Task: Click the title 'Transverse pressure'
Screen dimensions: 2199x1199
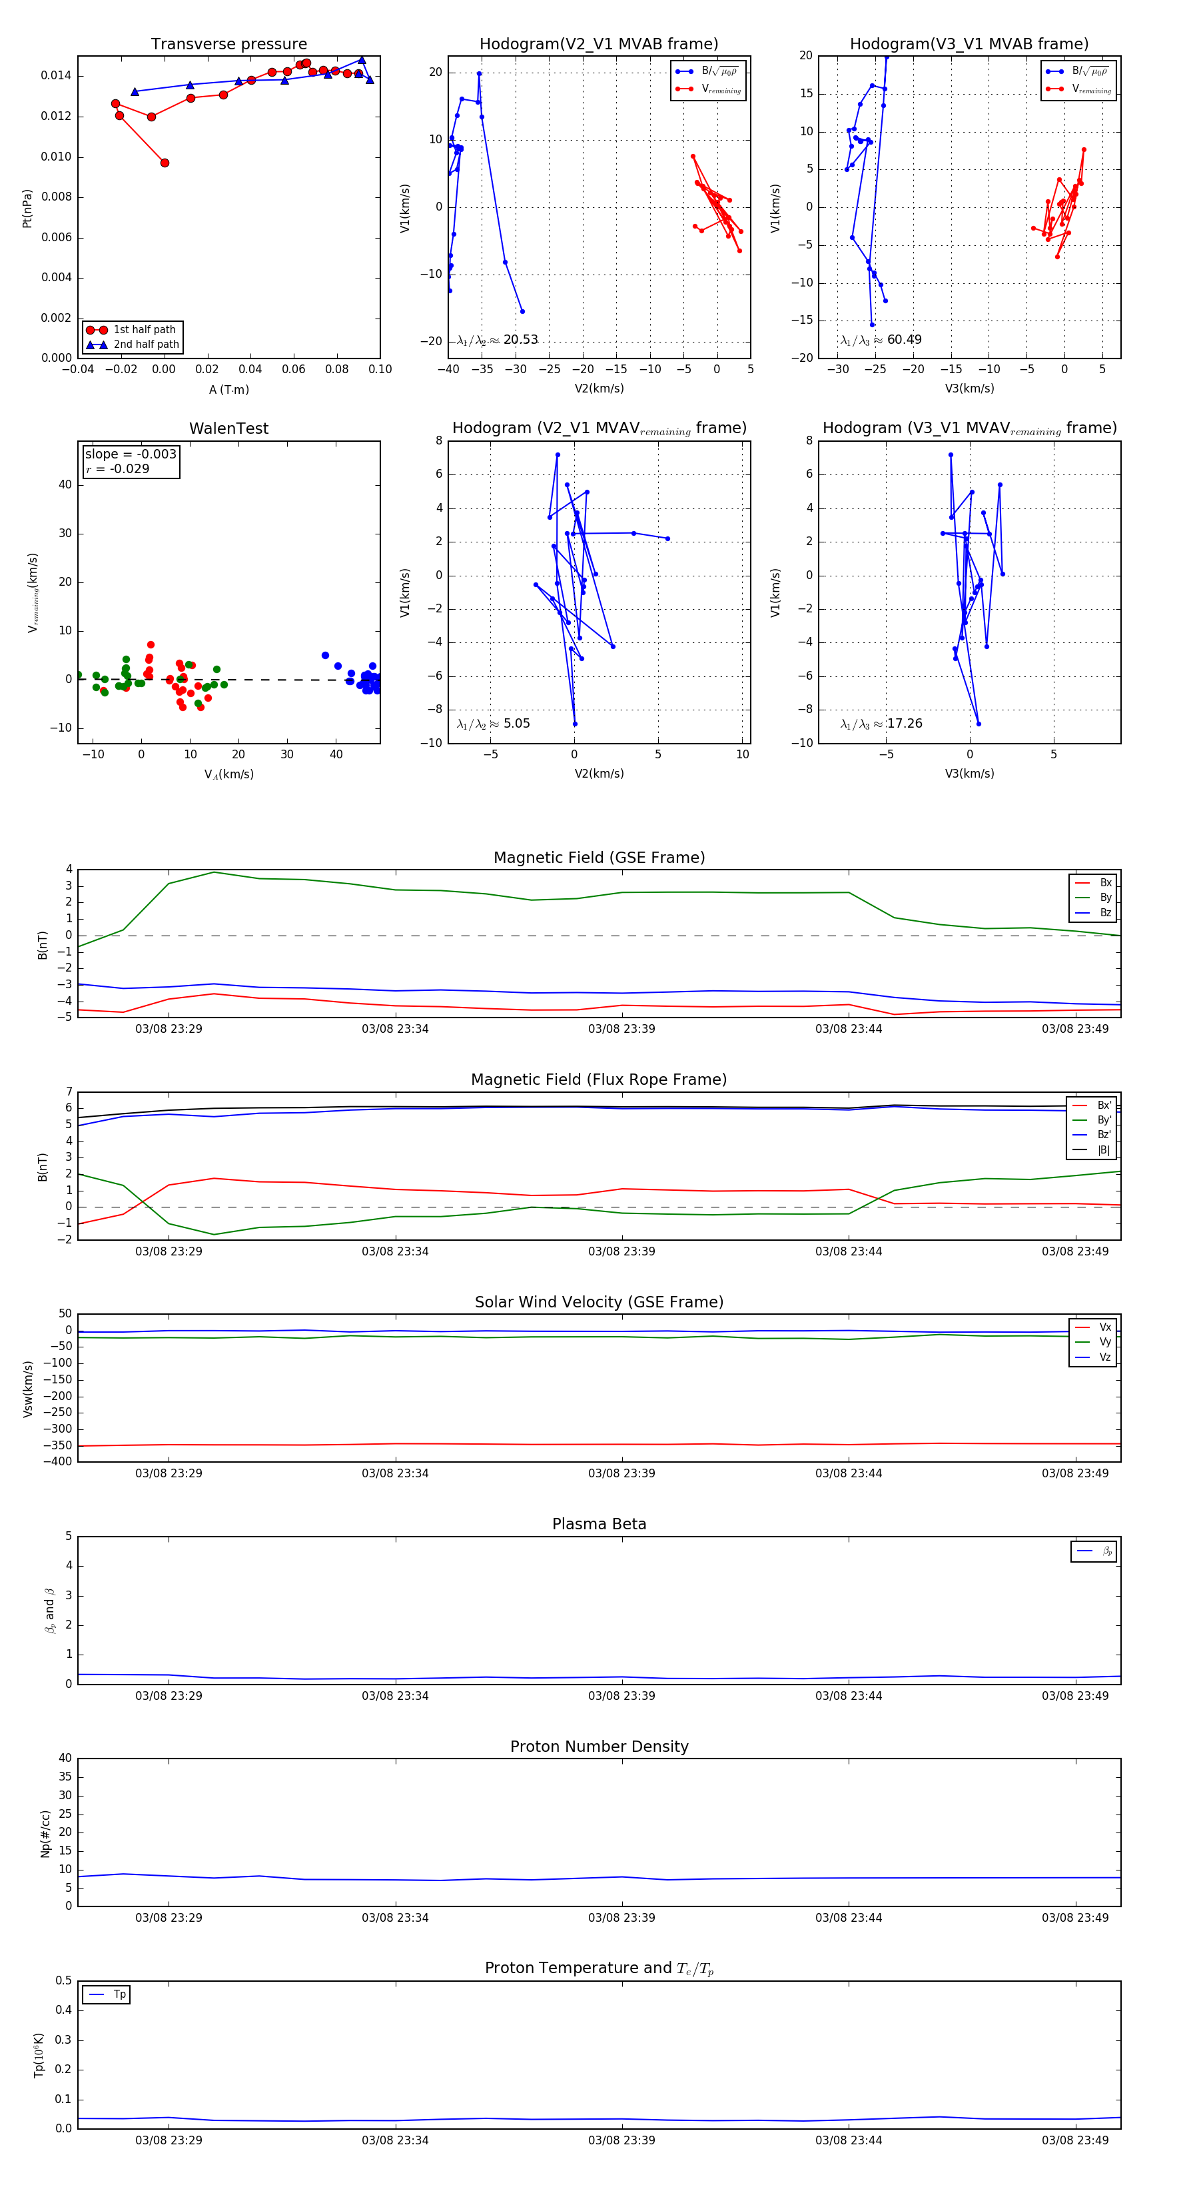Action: pos(228,45)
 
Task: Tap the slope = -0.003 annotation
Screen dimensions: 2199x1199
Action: pos(131,454)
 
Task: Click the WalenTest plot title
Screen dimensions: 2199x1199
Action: pos(228,428)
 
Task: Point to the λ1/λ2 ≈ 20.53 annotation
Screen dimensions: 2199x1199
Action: pos(498,340)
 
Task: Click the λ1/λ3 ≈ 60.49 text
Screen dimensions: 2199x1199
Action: pos(881,340)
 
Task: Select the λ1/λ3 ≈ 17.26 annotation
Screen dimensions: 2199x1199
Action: pos(881,724)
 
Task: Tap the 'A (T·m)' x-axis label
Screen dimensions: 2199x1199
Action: pos(228,390)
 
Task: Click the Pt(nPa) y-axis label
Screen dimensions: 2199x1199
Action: pos(27,209)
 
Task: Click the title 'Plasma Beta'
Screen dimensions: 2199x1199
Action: pos(599,1525)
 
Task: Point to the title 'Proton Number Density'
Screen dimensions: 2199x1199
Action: pos(599,1747)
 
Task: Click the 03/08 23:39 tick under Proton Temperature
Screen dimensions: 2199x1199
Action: pos(621,2140)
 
